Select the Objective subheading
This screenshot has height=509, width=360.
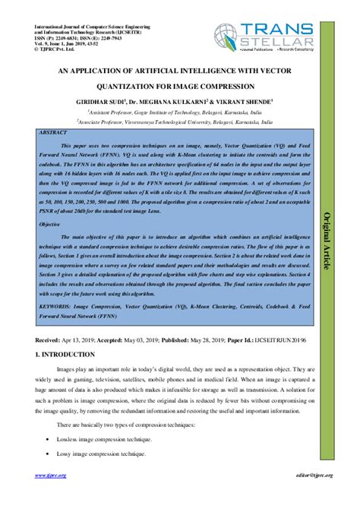tap(50, 226)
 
